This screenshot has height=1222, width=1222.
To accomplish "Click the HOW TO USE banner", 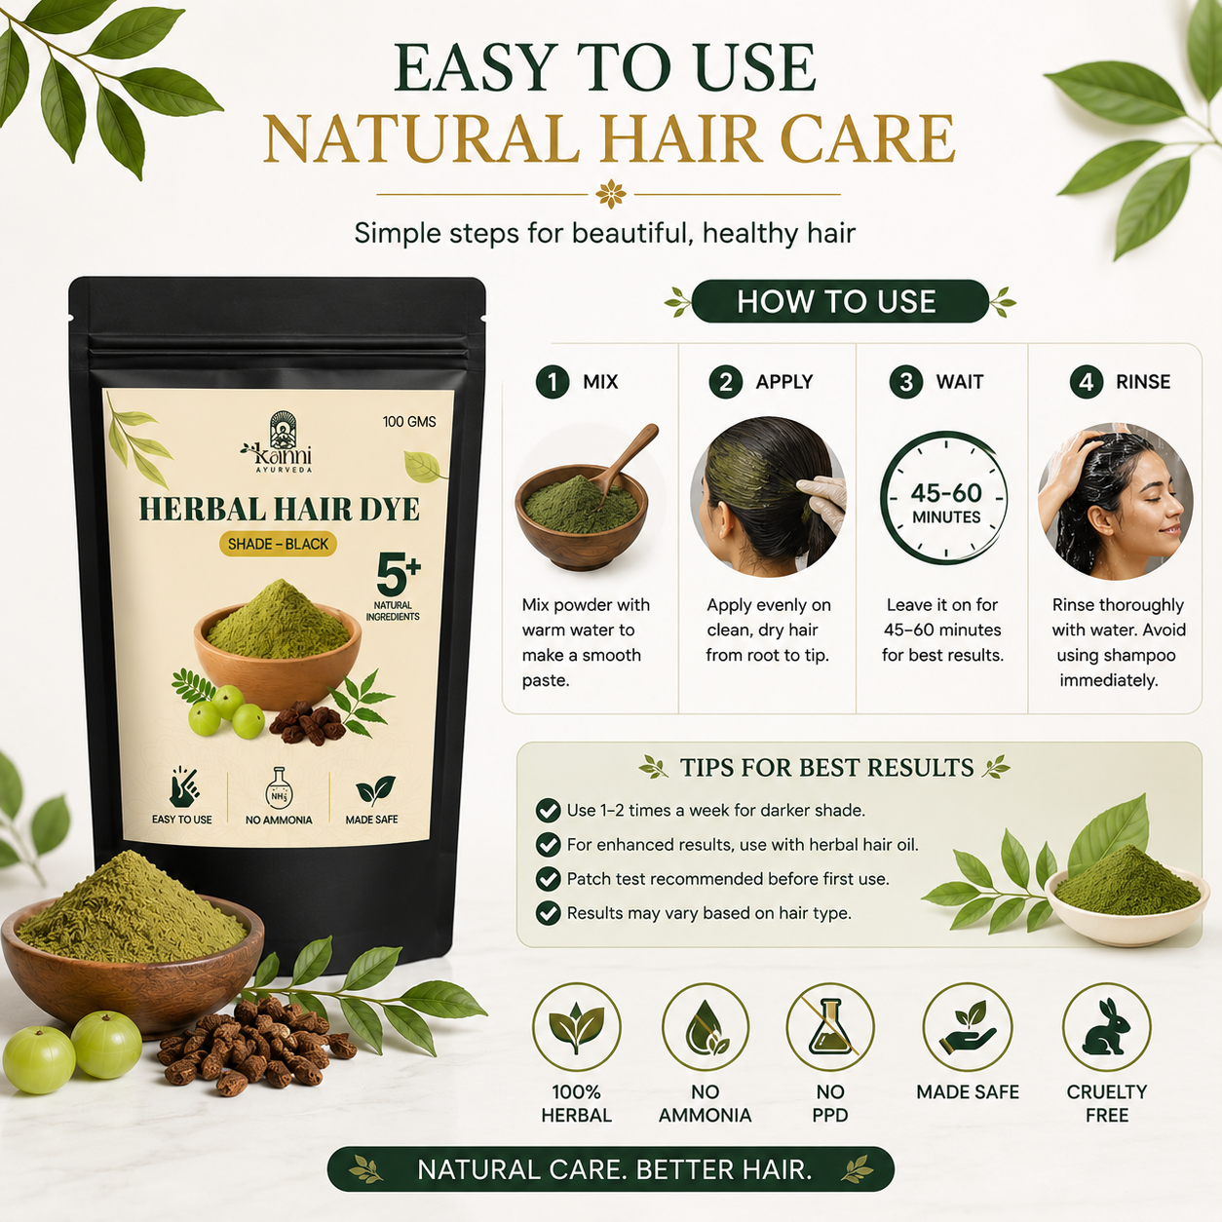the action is click(840, 301).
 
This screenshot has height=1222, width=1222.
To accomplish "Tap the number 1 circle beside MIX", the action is click(553, 382).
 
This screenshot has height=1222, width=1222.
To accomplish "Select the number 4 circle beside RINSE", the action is click(1087, 382).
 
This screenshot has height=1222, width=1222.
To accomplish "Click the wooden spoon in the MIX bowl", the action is click(625, 462).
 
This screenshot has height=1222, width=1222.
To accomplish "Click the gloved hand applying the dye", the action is click(822, 501).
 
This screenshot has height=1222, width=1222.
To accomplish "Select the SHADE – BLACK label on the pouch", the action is click(278, 544).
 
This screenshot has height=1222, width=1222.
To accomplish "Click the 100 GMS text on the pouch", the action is click(409, 422).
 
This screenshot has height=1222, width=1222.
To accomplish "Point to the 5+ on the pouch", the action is click(398, 574).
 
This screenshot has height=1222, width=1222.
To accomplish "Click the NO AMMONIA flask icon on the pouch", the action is click(279, 788).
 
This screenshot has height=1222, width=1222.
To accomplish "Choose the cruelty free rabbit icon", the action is click(1107, 1027).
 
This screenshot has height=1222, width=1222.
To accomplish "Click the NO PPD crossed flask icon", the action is click(830, 1027).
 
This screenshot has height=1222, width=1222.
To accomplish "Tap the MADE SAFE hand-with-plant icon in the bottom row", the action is click(967, 1027).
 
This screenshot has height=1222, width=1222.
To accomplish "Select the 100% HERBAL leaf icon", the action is click(577, 1027).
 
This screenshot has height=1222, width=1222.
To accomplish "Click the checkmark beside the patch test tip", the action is click(548, 879).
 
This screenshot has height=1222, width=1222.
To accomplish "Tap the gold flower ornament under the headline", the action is click(611, 194).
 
